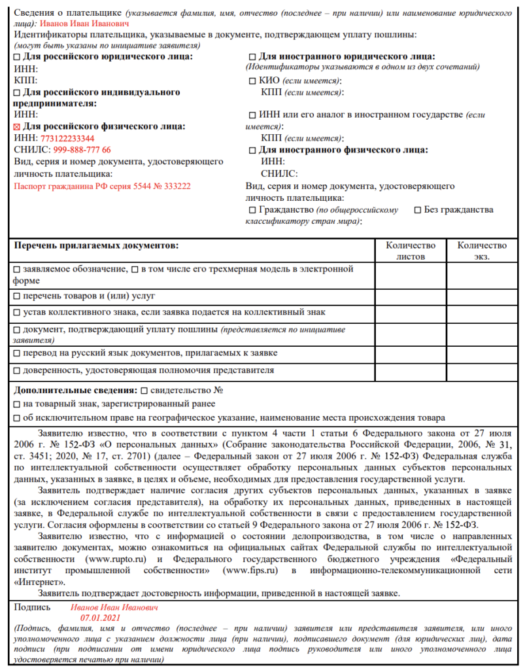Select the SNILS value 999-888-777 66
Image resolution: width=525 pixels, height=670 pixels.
click(82, 150)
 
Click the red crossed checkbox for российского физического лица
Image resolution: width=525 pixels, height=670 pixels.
click(18, 128)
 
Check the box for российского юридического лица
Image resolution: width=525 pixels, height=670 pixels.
click(18, 58)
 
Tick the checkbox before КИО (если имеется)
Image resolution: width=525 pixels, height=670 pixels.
click(253, 81)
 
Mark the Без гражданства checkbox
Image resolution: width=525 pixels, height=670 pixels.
click(418, 211)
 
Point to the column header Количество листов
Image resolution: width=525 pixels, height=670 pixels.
click(410, 251)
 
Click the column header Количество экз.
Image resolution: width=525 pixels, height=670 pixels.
click(482, 251)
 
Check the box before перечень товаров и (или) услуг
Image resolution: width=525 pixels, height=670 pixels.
click(18, 297)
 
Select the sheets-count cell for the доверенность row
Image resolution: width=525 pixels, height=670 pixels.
click(410, 371)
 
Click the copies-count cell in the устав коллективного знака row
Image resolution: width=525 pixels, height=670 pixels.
click(482, 313)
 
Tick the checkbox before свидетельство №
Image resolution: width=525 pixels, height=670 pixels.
click(144, 391)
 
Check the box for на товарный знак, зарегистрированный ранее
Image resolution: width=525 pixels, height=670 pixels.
click(18, 404)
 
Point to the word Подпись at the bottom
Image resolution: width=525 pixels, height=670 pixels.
click(32, 607)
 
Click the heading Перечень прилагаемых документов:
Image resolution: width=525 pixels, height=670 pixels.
click(95, 245)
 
